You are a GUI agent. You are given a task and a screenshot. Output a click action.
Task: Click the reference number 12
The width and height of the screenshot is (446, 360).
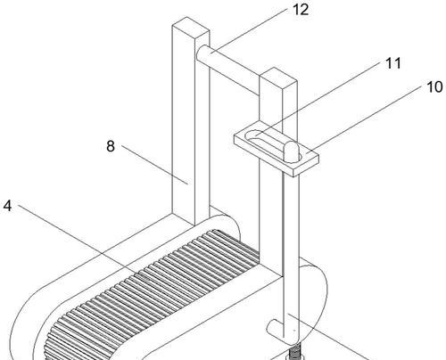pyautogui.click(x=301, y=10)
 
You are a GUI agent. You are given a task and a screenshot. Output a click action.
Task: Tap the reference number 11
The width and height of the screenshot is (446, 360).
pyautogui.click(x=392, y=63)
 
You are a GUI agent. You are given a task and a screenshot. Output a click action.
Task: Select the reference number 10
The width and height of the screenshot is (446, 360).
pyautogui.click(x=434, y=87)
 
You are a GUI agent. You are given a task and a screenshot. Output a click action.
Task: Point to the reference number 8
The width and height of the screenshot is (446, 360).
pyautogui.click(x=111, y=146)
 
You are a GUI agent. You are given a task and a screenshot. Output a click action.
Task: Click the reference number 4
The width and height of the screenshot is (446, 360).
pyautogui.click(x=8, y=206)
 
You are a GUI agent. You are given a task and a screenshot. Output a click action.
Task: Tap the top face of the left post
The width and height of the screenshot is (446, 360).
pyautogui.click(x=191, y=28)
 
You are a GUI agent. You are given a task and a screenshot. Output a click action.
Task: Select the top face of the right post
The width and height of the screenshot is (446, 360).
pyautogui.click(x=278, y=78)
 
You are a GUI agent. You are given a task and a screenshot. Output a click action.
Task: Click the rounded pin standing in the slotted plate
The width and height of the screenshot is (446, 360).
pyautogui.click(x=291, y=151)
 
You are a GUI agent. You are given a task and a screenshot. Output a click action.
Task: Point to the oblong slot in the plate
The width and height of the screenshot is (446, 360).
pyautogui.click(x=273, y=146)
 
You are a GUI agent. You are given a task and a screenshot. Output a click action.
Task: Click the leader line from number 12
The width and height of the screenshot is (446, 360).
pyautogui.click(x=249, y=30)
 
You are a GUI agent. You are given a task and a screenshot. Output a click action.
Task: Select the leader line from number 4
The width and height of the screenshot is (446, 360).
pyautogui.click(x=83, y=242)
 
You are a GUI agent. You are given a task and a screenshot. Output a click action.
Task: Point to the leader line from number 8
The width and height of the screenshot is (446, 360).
pyautogui.click(x=154, y=165)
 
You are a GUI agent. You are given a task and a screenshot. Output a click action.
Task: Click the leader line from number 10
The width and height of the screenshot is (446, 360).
pyautogui.click(x=364, y=119)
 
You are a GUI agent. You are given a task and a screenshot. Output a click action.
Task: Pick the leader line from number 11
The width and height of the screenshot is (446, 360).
pyautogui.click(x=318, y=99)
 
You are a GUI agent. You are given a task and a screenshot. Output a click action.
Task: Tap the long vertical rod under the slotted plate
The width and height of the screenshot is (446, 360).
pyautogui.click(x=291, y=256)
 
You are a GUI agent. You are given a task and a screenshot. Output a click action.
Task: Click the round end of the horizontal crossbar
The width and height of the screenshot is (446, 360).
pyautogui.click(x=202, y=53)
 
